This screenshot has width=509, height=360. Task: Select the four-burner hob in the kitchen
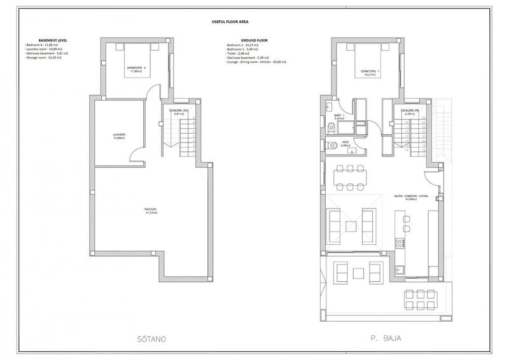click(401, 244)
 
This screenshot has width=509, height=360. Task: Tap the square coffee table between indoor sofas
click(350, 225)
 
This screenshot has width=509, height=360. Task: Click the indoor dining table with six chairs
click(350, 176)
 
